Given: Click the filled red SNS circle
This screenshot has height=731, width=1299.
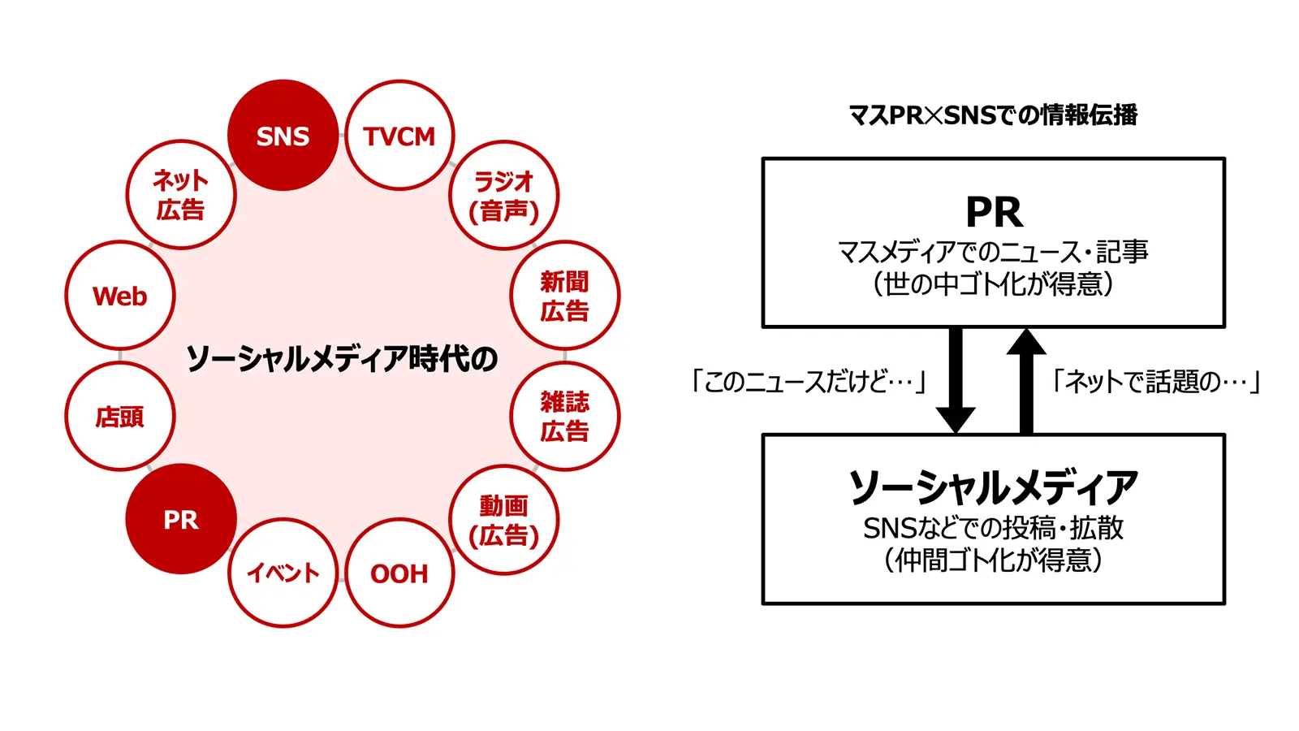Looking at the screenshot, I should [283, 136].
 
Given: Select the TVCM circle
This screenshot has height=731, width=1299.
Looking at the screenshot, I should [399, 136].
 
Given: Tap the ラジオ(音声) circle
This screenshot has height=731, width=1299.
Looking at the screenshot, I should [504, 195].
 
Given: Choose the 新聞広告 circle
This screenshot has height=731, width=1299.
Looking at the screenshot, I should [564, 296].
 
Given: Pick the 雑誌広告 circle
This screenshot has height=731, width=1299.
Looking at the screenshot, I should [564, 416].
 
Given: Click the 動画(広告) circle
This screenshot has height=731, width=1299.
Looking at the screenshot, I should [504, 520].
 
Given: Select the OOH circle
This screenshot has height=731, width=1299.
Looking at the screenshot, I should [399, 573].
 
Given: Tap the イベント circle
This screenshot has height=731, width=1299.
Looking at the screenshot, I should [283, 573].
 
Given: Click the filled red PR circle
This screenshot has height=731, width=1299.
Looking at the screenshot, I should [180, 520].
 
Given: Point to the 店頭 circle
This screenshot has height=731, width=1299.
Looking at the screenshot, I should [120, 417].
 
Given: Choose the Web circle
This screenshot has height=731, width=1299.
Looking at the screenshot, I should [120, 296].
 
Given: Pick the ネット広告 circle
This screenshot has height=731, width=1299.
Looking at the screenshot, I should [180, 195].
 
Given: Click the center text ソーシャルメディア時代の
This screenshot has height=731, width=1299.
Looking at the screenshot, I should [341, 358].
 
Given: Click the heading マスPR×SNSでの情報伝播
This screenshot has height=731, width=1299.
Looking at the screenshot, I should [992, 115].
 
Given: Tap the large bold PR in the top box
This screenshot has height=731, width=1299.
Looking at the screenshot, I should [994, 213].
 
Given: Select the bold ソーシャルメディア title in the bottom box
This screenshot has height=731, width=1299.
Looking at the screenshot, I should [993, 487].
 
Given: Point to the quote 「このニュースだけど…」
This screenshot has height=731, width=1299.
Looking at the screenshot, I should [809, 381].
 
